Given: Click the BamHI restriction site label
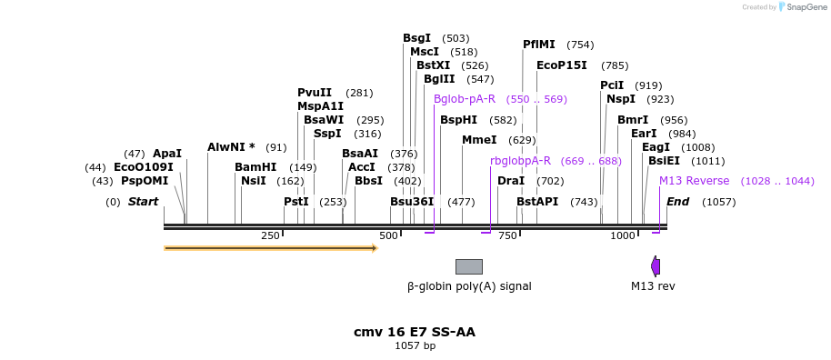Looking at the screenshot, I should (x=255, y=167).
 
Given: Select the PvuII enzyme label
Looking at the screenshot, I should (x=315, y=93).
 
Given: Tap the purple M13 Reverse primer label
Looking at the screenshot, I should (x=695, y=181).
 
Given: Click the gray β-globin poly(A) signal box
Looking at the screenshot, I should (x=468, y=266).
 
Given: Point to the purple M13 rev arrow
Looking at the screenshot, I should (x=655, y=266).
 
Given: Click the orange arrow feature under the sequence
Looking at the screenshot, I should (x=270, y=247).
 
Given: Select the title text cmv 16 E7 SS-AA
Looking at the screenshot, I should (x=415, y=332).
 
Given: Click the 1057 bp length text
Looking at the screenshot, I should (x=415, y=346).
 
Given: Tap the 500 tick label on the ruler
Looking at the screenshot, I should (x=389, y=235).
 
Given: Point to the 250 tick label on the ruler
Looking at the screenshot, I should (x=270, y=235).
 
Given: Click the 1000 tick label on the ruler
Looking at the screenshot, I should (x=623, y=235).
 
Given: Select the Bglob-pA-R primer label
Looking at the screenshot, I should (x=465, y=99).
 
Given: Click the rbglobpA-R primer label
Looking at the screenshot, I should (x=520, y=161).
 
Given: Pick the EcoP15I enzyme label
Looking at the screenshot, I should (x=562, y=65).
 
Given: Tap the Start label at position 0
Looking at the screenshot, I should (x=143, y=202).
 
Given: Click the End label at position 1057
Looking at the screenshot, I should (x=678, y=202).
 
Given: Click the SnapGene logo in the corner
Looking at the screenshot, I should (x=798, y=7).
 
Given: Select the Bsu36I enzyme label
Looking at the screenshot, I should (x=412, y=202).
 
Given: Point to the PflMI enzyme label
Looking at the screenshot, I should (x=539, y=45).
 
